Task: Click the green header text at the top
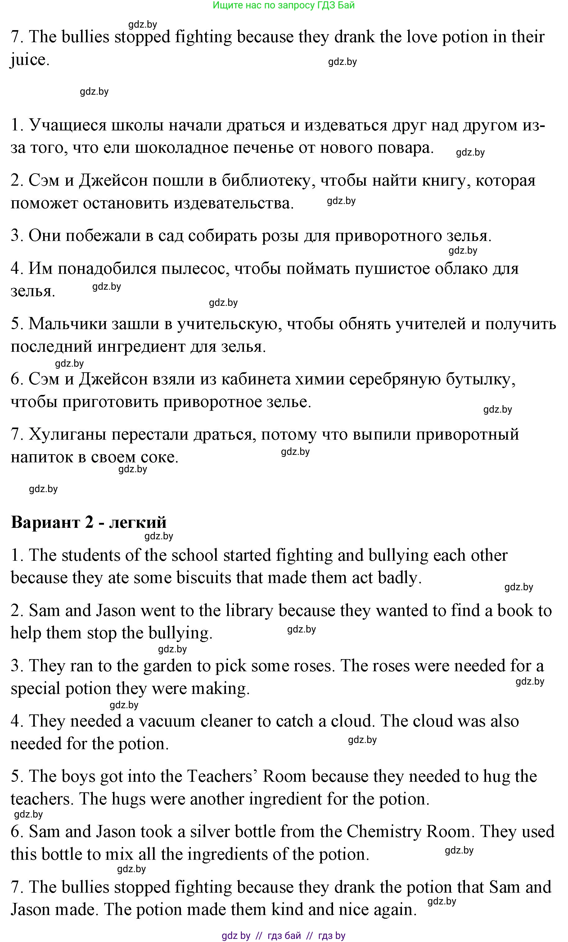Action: [283, 5]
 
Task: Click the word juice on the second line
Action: [29, 60]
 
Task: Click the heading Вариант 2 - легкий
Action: [89, 522]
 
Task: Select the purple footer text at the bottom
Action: [283, 935]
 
